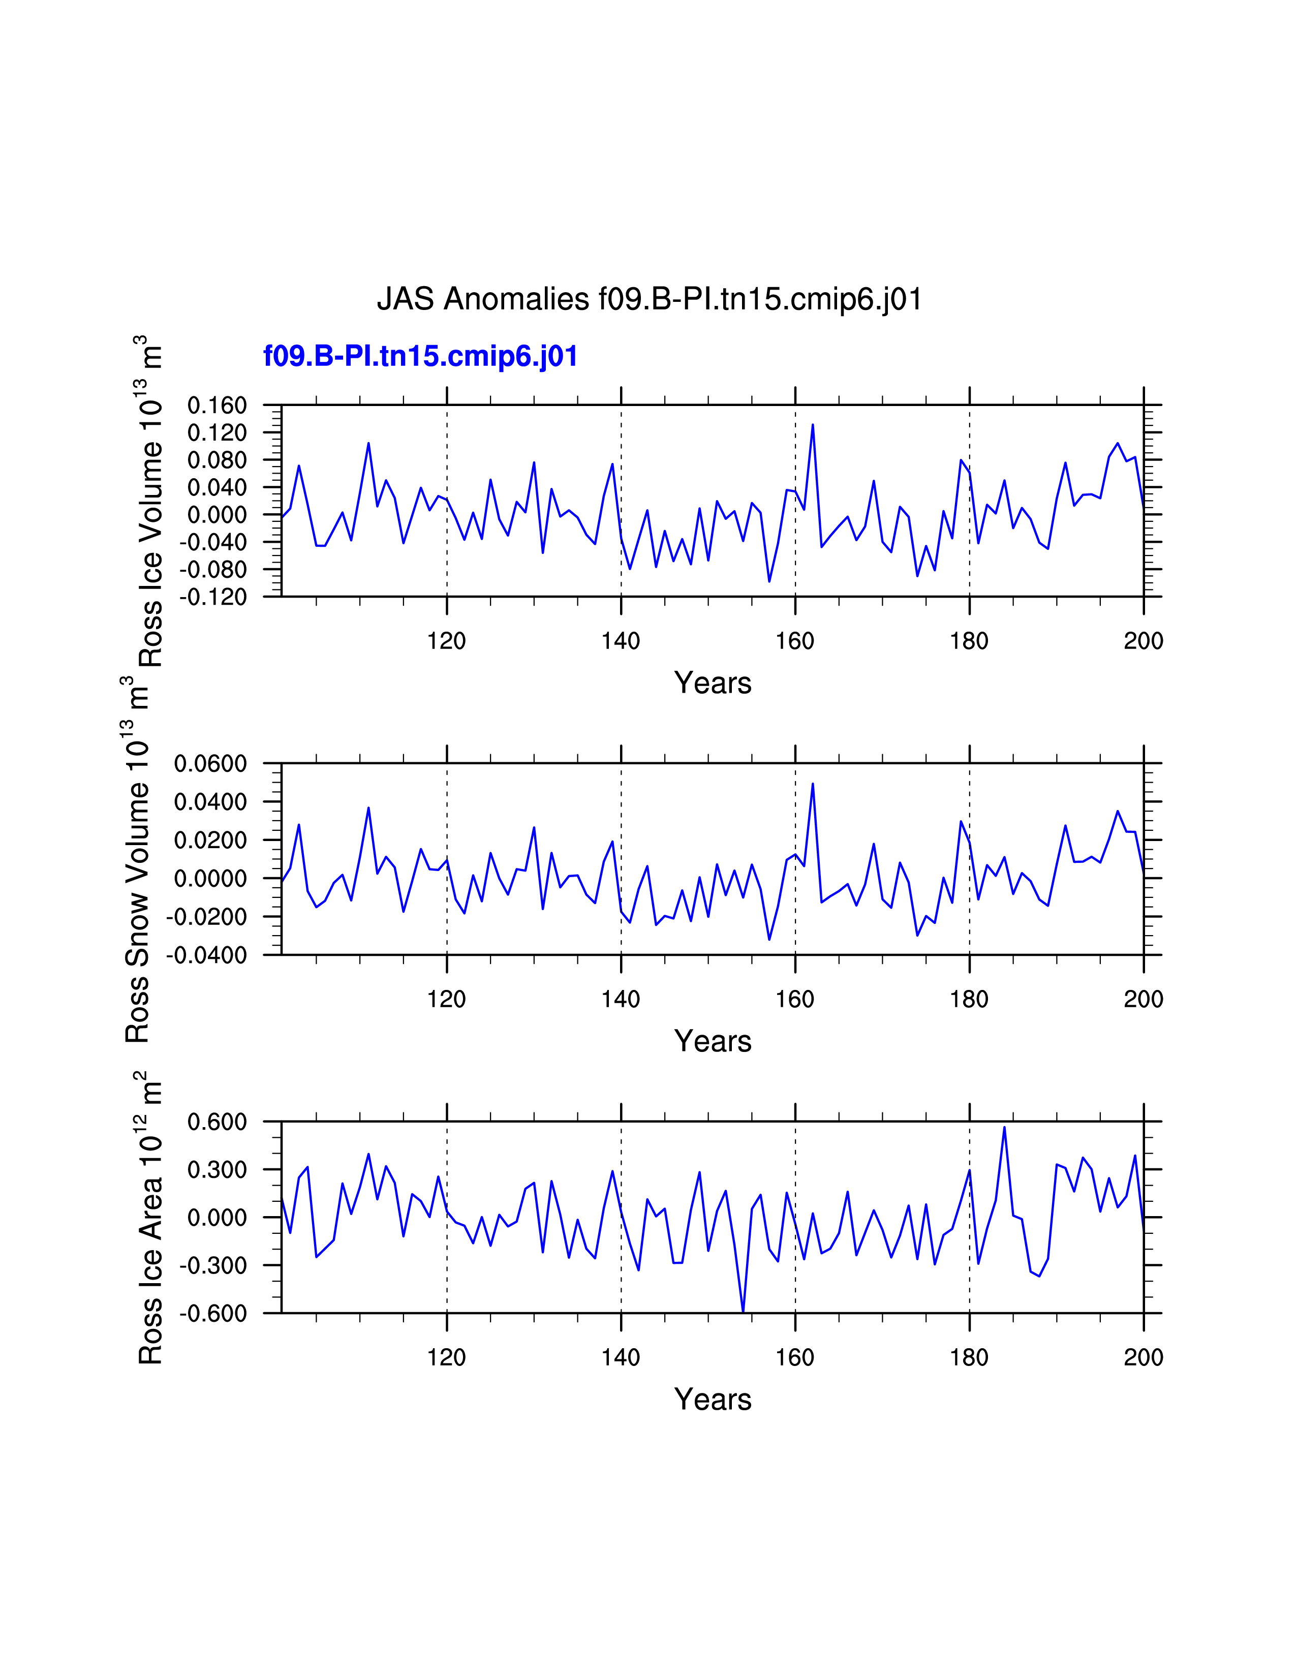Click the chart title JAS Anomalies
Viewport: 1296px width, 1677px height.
pos(649,299)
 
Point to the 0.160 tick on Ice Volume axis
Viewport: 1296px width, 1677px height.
pos(218,406)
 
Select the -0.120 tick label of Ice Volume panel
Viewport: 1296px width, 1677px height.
pos(213,597)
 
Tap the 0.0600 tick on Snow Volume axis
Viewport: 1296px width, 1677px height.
pos(210,764)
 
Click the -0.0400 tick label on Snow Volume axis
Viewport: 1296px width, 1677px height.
pos(207,955)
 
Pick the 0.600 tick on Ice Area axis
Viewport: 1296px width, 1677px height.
pos(218,1122)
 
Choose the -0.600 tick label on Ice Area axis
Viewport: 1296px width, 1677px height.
pos(213,1313)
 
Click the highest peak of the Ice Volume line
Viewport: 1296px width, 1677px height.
pos(812,425)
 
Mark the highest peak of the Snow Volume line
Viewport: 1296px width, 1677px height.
pos(812,784)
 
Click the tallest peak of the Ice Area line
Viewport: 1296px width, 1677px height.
pos(1004,1127)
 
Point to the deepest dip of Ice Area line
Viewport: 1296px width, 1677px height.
pos(743,1312)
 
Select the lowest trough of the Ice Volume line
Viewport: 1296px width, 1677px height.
pos(769,581)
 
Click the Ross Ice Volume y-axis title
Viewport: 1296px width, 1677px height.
pos(150,501)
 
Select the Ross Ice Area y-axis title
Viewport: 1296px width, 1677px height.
pos(150,1218)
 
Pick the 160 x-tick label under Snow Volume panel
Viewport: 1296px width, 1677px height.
pos(795,999)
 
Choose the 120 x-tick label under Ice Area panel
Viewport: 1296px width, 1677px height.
pos(446,1357)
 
